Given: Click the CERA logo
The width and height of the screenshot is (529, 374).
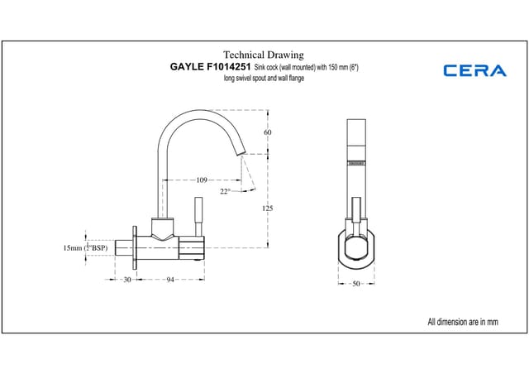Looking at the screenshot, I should tap(474, 70).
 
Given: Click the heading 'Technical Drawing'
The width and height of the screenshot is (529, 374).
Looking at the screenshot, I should tap(264, 52).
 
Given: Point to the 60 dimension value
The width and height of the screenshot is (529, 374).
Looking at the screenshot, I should tap(268, 132).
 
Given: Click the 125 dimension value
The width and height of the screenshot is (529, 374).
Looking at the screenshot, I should tap(268, 209).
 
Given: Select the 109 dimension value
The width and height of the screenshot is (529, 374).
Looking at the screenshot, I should tap(202, 180).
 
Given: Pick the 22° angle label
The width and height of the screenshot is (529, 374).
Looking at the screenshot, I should tap(225, 191).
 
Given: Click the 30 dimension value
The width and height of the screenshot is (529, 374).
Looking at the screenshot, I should tap(126, 280).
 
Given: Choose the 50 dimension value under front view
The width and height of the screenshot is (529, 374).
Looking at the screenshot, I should tap(356, 284).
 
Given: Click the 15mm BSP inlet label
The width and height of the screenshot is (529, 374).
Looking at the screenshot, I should tap(85, 247).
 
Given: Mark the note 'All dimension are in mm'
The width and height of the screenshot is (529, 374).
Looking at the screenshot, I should tap(463, 321).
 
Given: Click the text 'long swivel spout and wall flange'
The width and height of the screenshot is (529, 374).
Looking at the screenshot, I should tap(264, 78).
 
